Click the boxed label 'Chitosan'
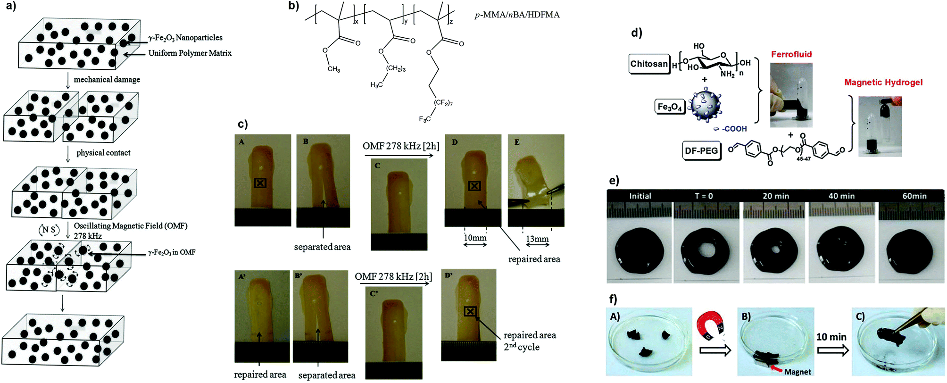coord(649,64)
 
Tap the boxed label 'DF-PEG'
coord(702,150)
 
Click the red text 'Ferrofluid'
coord(791,54)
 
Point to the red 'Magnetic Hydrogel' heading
coord(883,82)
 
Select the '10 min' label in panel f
coord(831,337)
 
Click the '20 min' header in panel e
coord(776,196)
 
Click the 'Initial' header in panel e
coord(640,196)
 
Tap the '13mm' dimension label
coord(537,239)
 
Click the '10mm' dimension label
coord(474,237)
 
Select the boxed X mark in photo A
coord(260,183)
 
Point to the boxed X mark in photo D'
coord(470,311)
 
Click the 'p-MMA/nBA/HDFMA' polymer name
coord(517,15)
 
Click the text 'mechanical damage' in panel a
coord(107,79)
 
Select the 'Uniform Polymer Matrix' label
coord(190,53)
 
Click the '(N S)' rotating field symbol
coord(49,230)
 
